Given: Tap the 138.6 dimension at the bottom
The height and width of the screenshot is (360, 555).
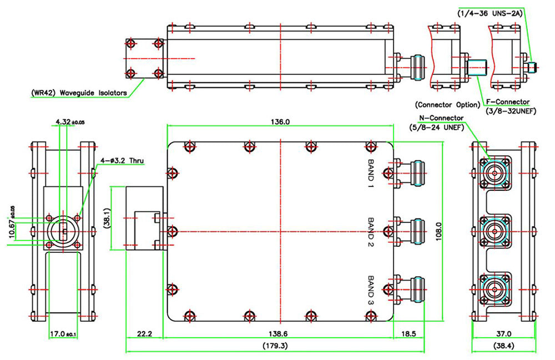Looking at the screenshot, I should pyautogui.click(x=280, y=334).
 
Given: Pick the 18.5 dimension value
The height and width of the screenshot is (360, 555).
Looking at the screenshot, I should pyautogui.click(x=408, y=334).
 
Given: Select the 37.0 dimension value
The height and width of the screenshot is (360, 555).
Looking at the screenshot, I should pyautogui.click(x=503, y=334).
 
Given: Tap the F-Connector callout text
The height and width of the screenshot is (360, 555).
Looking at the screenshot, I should pyautogui.click(x=507, y=102).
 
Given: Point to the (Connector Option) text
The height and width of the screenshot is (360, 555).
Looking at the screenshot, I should pyautogui.click(x=447, y=105).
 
